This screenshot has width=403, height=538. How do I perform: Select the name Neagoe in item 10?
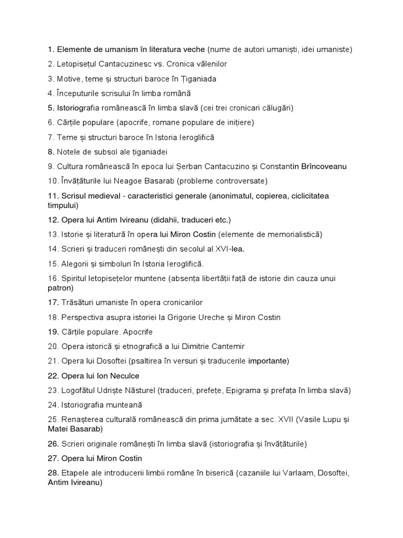[139, 181]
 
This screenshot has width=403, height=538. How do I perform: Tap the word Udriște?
[112, 390]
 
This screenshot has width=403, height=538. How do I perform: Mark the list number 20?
[52, 346]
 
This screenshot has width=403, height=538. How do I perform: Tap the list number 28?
[52, 472]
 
